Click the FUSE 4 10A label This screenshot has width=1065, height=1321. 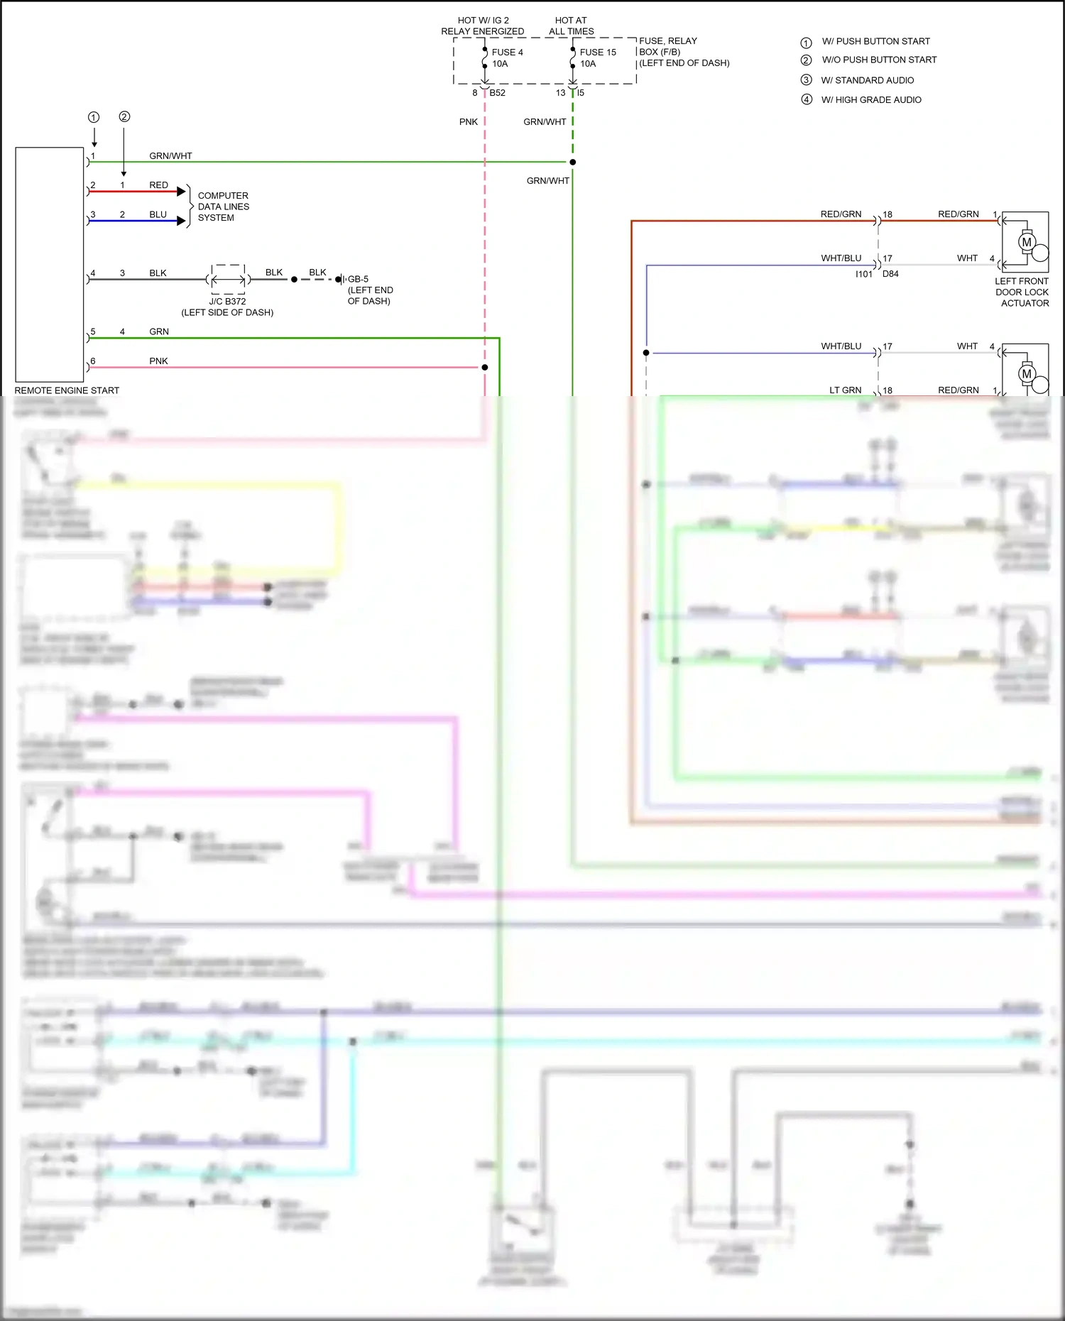(506, 58)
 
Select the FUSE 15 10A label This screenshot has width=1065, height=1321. (597, 58)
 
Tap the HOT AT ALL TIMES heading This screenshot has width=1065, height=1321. (571, 26)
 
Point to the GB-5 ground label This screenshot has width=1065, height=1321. (358, 279)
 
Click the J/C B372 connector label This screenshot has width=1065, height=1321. (227, 302)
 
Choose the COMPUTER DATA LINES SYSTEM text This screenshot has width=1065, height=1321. (223, 207)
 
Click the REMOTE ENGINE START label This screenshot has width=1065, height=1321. (67, 390)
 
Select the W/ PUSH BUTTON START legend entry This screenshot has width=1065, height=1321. (875, 41)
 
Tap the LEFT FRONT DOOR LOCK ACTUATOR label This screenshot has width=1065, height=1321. (1022, 292)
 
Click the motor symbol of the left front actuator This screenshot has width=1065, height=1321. (1027, 242)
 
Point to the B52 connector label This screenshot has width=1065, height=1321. (497, 93)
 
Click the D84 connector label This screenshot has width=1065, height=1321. (890, 274)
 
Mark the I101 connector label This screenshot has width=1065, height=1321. (863, 274)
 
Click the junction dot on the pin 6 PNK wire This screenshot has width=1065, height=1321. (485, 368)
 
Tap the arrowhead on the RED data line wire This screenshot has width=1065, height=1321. (181, 192)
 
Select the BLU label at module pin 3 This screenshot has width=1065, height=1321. (158, 214)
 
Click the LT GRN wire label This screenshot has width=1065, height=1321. (845, 390)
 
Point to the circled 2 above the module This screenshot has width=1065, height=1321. (124, 116)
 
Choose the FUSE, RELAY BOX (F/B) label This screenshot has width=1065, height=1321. (683, 52)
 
